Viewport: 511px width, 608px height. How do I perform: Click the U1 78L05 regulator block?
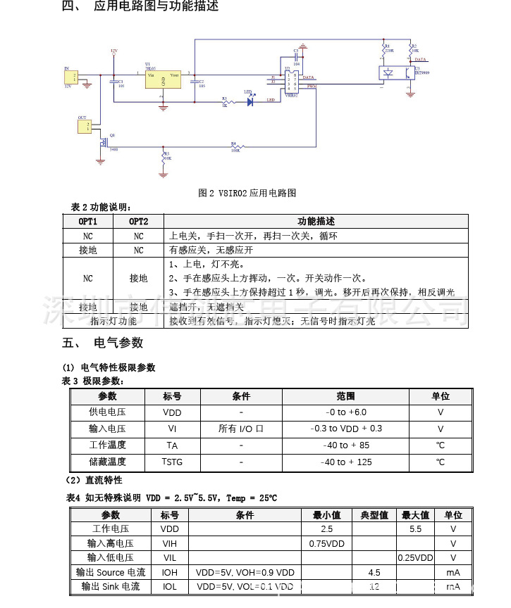(x=163, y=78)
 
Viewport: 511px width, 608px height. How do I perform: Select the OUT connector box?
(x=84, y=126)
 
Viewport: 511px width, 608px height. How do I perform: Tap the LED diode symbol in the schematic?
(x=250, y=101)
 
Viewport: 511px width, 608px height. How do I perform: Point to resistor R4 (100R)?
(x=235, y=147)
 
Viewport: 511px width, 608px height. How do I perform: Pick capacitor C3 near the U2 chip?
(x=296, y=57)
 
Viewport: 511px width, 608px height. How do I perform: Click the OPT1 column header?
(x=87, y=222)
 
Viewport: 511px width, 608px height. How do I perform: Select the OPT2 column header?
(x=138, y=222)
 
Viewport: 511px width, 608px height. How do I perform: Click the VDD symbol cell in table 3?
(x=172, y=412)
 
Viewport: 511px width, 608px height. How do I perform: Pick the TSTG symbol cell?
(x=172, y=462)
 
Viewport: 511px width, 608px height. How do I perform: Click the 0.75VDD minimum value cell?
(x=326, y=543)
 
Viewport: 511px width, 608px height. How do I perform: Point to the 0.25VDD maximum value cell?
(x=415, y=558)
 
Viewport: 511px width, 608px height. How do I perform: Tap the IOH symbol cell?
(x=170, y=573)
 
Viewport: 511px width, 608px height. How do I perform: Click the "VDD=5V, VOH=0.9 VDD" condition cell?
(x=245, y=573)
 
